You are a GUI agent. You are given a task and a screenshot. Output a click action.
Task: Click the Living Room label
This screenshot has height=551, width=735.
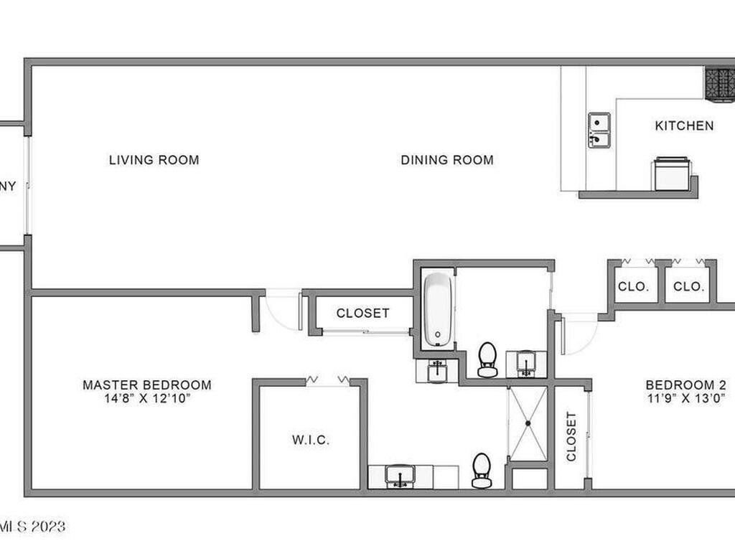pyautogui.click(x=154, y=160)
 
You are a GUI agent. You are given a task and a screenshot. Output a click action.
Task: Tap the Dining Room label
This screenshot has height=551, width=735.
pyautogui.click(x=446, y=160)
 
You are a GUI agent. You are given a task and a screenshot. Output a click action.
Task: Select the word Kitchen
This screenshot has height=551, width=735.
pyautogui.click(x=684, y=126)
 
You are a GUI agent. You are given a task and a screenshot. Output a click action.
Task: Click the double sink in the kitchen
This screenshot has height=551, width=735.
pyautogui.click(x=599, y=130)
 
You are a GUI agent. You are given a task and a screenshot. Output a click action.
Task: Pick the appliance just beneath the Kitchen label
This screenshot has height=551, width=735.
pyautogui.click(x=672, y=174)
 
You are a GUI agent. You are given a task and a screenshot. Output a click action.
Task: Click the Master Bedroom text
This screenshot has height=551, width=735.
pyautogui.click(x=146, y=385)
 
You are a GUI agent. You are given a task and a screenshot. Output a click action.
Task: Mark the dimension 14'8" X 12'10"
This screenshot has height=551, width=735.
pyautogui.click(x=146, y=397)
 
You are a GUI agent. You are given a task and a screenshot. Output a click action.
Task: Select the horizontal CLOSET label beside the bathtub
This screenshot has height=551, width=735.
pyautogui.click(x=362, y=314)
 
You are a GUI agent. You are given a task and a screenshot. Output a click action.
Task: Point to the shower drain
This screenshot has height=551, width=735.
pyautogui.click(x=528, y=424)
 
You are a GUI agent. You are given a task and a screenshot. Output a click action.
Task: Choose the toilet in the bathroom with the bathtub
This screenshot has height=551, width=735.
pyautogui.click(x=487, y=359)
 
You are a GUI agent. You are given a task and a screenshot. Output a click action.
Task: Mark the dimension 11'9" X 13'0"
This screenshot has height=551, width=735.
pyautogui.click(x=685, y=397)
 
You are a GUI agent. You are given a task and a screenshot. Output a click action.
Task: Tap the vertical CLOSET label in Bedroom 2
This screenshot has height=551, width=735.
pyautogui.click(x=571, y=436)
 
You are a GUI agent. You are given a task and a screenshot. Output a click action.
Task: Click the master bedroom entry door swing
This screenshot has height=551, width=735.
pyautogui.click(x=282, y=310)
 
